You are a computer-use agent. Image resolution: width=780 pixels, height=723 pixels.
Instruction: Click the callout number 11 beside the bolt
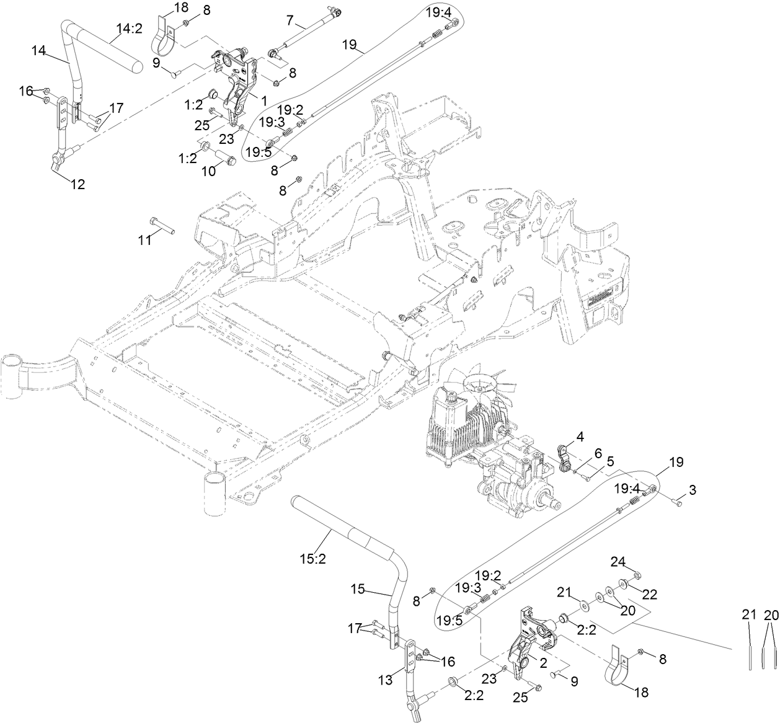click(x=144, y=240)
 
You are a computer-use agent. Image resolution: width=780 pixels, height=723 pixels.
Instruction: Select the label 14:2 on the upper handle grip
click(x=130, y=28)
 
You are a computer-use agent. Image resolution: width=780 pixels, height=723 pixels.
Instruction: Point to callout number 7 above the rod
click(x=290, y=20)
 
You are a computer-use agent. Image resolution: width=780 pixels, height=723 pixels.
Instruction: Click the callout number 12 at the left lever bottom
click(x=78, y=184)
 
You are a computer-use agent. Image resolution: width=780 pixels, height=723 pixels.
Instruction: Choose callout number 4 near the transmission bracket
click(x=580, y=437)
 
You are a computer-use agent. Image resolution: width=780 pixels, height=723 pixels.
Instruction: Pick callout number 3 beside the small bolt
click(x=693, y=490)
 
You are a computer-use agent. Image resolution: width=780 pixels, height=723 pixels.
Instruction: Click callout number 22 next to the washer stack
click(x=649, y=593)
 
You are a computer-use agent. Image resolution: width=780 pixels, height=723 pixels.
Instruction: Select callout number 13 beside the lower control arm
click(x=386, y=680)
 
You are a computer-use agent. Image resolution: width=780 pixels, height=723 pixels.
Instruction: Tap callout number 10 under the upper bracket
click(x=210, y=171)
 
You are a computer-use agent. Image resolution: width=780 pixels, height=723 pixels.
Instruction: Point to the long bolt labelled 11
click(x=162, y=226)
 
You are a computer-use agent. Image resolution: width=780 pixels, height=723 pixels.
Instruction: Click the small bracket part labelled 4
click(x=565, y=459)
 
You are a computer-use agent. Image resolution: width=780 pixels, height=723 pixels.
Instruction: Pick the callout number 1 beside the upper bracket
click(x=264, y=99)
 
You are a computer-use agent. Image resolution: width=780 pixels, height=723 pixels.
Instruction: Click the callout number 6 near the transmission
click(x=598, y=454)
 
